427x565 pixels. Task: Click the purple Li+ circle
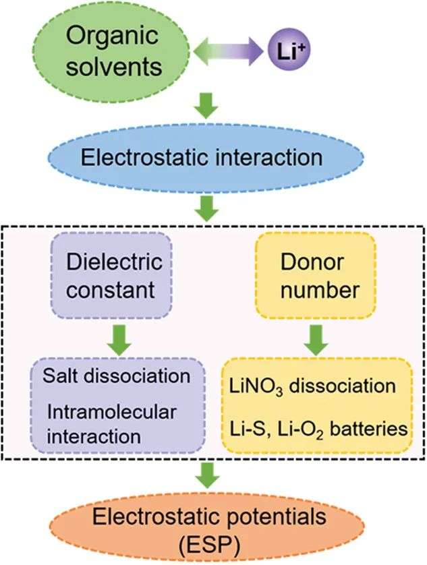coord(289,51)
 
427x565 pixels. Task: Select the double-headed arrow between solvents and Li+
coord(228,51)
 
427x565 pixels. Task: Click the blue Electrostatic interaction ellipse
coord(206,158)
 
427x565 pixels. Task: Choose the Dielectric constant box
coord(111,275)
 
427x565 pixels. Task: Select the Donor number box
coord(315,275)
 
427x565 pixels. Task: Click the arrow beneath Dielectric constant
coord(119,340)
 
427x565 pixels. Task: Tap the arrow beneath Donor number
coord(316,340)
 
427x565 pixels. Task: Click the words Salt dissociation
coord(117,376)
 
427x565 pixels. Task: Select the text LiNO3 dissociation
coord(313,386)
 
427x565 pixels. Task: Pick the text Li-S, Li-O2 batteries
coord(319,429)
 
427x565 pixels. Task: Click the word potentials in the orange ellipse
coord(273,517)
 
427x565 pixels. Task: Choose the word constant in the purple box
coord(111,289)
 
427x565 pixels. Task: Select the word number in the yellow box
coord(320,289)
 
